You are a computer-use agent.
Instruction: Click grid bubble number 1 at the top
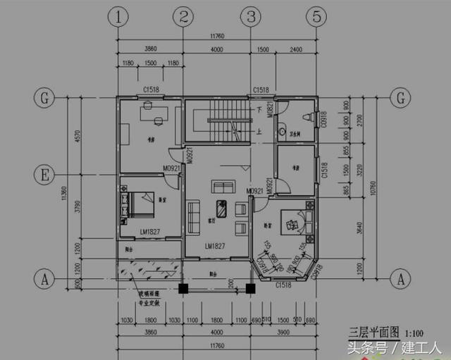[x=121, y=15]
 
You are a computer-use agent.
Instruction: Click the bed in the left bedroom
[x=141, y=204]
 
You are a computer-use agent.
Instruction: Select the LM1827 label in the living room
[x=215, y=247]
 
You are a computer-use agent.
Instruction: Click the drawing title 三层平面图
[x=374, y=330]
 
